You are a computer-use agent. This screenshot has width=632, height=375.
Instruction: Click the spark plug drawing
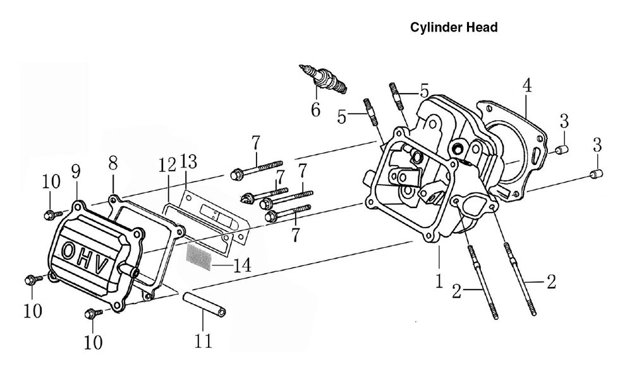pos(323,79)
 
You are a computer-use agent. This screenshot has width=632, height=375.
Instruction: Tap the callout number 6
pos(315,109)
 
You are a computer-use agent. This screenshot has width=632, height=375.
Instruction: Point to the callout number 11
pos(203,341)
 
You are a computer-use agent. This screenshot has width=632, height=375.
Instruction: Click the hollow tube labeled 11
pos(204,304)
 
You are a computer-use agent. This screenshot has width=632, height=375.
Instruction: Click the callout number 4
pos(527,85)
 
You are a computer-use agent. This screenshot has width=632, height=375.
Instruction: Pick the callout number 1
pos(439,281)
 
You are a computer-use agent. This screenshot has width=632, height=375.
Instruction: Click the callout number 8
pos(113,163)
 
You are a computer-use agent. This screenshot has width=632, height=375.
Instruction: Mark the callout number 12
pos(167,164)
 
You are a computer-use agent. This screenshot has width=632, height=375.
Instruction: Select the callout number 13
pos(188,162)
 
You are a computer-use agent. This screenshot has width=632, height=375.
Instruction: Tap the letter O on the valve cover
pos(68,250)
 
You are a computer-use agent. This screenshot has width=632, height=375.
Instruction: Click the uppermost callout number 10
pos(51,181)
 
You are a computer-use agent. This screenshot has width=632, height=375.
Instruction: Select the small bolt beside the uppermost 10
pos(53,214)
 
